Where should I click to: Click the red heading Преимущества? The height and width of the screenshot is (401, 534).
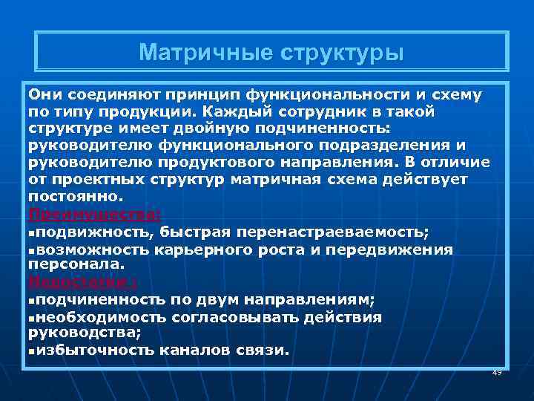click(92, 214)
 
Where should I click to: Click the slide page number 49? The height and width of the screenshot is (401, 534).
click(497, 372)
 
